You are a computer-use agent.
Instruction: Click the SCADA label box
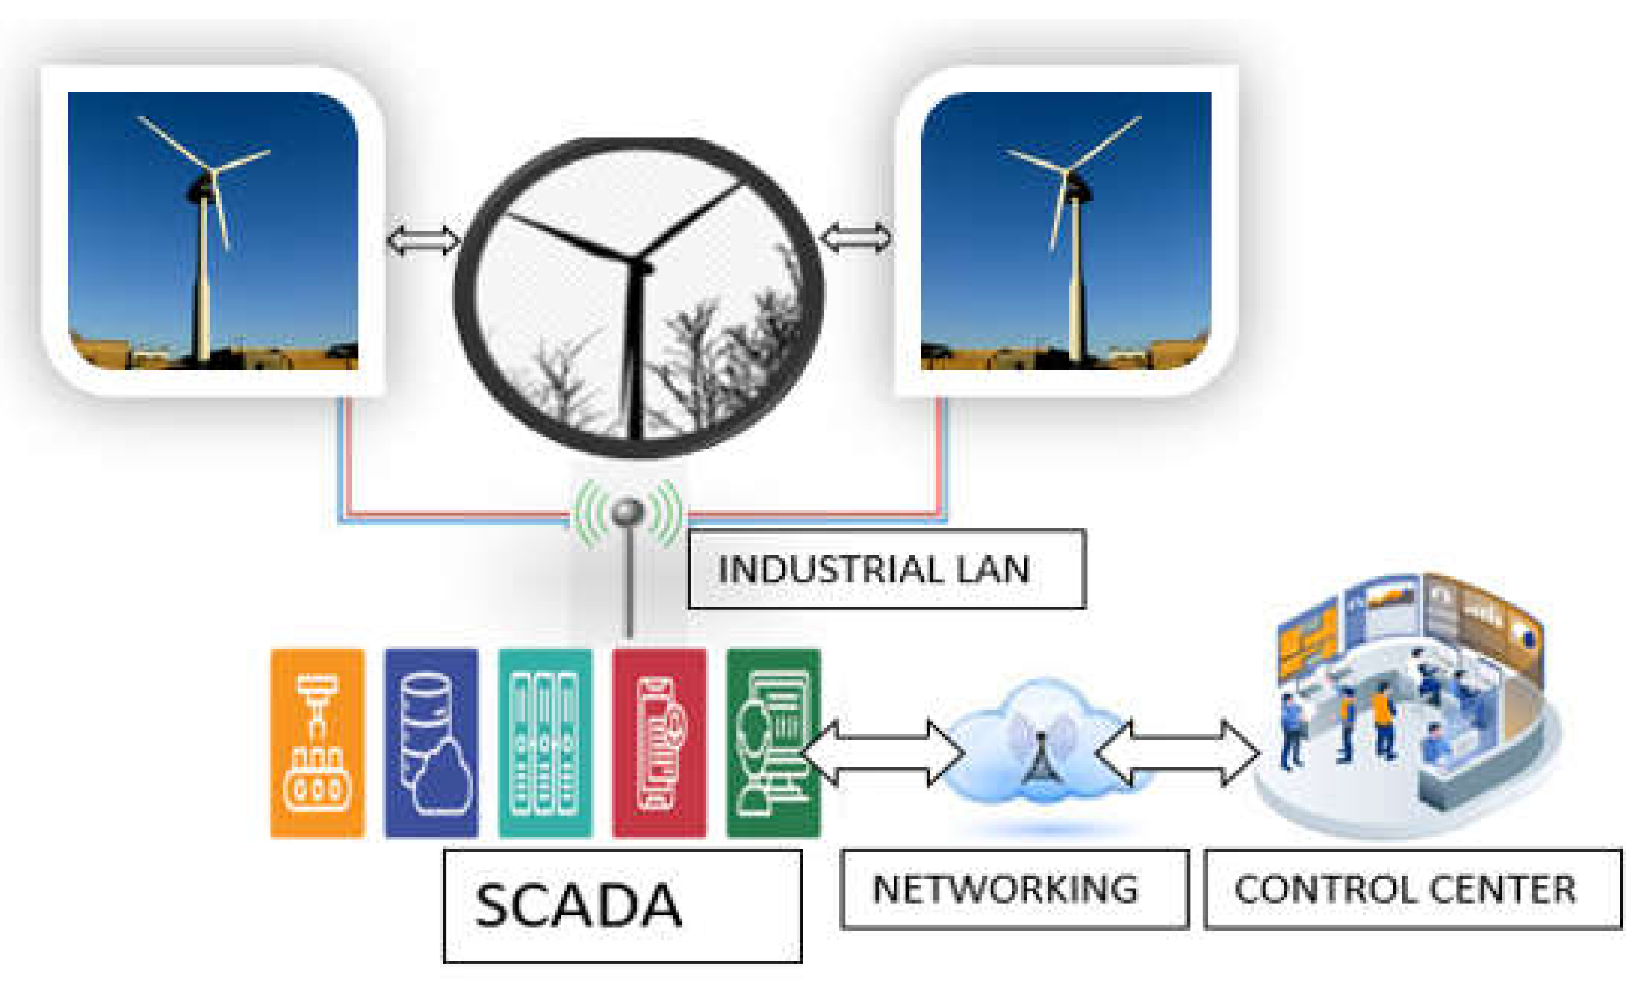(x=622, y=906)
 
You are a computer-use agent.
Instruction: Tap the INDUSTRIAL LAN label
(x=886, y=569)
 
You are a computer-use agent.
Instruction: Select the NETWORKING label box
(x=1014, y=889)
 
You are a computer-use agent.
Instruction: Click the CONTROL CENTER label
(x=1412, y=889)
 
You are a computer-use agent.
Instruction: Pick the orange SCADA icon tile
(x=317, y=743)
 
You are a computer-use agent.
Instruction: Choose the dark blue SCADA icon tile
(x=431, y=743)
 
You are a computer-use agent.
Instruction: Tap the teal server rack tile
(x=546, y=743)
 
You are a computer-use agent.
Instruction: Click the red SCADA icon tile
(x=659, y=743)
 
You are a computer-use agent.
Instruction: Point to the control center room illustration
(x=1408, y=708)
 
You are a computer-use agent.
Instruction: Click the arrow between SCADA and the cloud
(x=883, y=753)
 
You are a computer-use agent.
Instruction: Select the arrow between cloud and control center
(x=1176, y=753)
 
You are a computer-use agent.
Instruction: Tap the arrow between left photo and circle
(x=423, y=240)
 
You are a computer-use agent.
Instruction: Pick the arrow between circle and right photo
(x=856, y=238)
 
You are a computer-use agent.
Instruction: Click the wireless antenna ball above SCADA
(x=628, y=511)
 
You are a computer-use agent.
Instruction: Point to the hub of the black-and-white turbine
(x=640, y=264)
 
